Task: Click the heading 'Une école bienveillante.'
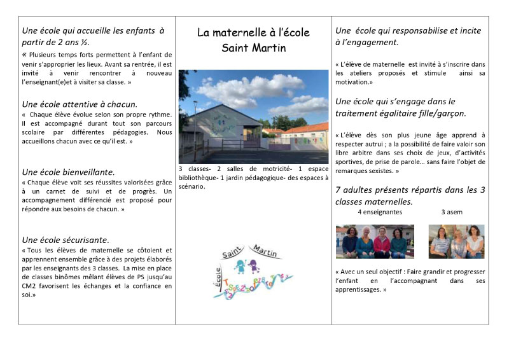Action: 68,172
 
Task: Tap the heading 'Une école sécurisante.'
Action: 66,240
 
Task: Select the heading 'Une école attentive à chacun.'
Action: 80,104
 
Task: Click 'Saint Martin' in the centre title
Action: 254,48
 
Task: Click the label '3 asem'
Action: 452,212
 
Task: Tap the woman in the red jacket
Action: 382,242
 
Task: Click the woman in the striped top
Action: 439,242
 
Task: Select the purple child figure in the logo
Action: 253,266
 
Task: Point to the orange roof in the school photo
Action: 305,128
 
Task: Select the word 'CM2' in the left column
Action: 31,286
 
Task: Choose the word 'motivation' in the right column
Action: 353,82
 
